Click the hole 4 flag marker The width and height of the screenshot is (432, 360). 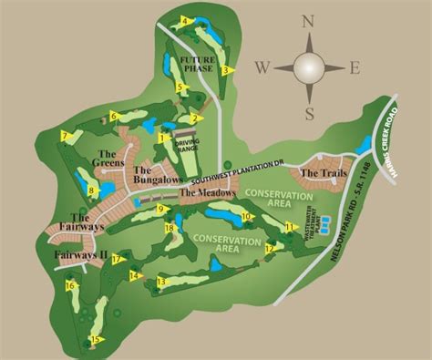(186, 21)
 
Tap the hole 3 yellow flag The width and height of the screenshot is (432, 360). (225, 70)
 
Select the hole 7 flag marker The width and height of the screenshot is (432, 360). (66, 137)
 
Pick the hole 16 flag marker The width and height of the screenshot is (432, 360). (69, 286)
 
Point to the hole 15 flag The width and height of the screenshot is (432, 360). (96, 340)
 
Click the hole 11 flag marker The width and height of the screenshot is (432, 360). (291, 227)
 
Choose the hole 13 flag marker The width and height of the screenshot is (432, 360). (160, 283)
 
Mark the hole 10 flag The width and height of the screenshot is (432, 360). (247, 217)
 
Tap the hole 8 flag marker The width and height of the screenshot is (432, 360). (93, 191)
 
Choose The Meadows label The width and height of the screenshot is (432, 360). (208, 193)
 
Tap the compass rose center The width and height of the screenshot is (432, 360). (309, 67)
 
